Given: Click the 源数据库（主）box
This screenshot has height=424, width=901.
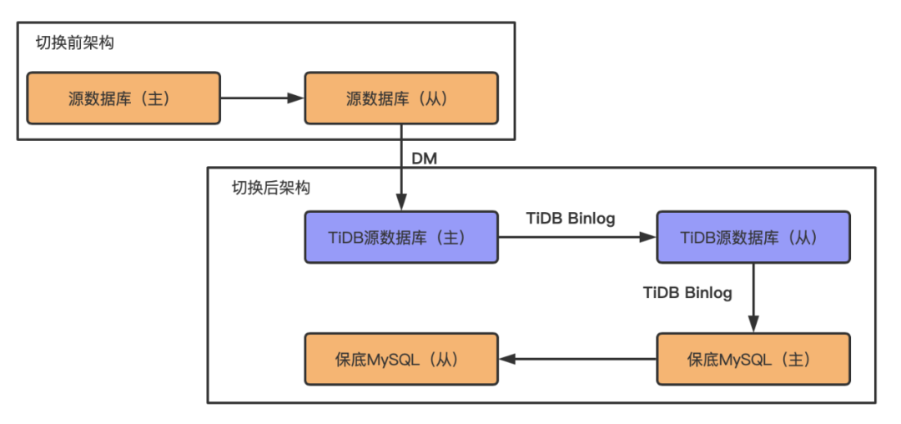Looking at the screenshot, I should tap(123, 98).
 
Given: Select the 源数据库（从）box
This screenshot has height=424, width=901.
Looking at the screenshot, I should tap(401, 98).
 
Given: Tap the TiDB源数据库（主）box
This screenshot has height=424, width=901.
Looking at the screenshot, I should tap(401, 237).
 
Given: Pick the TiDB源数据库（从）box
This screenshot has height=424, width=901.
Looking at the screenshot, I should tap(753, 237).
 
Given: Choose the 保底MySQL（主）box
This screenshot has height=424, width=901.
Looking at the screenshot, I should tap(753, 359).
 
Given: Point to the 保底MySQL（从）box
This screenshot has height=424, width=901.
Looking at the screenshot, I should tap(401, 359).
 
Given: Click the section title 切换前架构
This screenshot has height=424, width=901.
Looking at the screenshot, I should tap(74, 43).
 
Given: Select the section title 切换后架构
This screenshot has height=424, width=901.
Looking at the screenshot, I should tap(270, 188).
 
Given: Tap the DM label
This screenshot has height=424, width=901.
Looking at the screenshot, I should tap(425, 158).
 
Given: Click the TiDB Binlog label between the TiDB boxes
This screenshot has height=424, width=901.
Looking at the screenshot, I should tap(571, 219).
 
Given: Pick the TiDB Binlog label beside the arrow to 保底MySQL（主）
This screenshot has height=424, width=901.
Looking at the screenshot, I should tap(687, 292).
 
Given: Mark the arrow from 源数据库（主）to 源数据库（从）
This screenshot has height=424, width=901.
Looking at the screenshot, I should tap(262, 98).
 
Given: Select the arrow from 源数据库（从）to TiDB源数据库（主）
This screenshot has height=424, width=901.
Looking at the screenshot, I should tap(401, 167).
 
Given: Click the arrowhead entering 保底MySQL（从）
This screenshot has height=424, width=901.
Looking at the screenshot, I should tap(508, 359).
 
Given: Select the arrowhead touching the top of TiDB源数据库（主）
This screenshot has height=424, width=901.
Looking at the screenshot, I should tap(401, 203).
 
